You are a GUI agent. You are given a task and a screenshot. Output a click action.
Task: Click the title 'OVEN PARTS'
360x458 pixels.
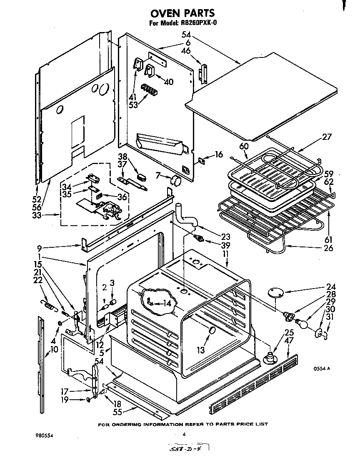[182, 14]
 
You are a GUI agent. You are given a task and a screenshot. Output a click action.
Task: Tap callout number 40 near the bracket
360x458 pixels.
[169, 82]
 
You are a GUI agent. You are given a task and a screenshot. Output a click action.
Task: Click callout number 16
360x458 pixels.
[219, 155]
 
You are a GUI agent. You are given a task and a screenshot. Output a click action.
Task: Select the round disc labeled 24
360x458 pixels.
[275, 291]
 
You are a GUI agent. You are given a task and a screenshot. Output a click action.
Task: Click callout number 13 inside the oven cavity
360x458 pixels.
[201, 350]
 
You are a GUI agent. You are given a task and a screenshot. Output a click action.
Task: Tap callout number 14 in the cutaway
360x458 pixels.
[167, 304]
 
